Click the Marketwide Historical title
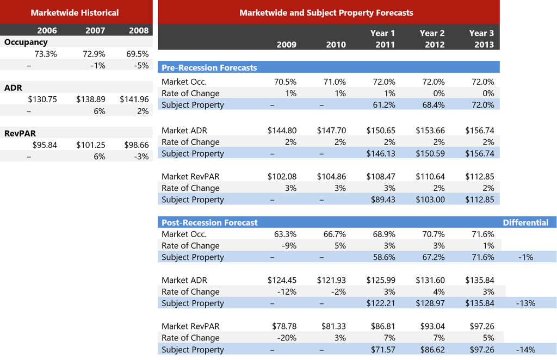(x=75, y=13)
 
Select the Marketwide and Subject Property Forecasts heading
(x=326, y=13)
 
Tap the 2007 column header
(x=95, y=30)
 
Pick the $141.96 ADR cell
(x=134, y=100)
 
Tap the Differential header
(x=525, y=222)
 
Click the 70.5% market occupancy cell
(x=285, y=82)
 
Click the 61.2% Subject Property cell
(x=384, y=105)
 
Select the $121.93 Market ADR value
(x=331, y=280)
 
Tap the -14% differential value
(x=525, y=350)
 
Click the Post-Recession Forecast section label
(x=209, y=222)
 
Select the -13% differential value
(x=525, y=303)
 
